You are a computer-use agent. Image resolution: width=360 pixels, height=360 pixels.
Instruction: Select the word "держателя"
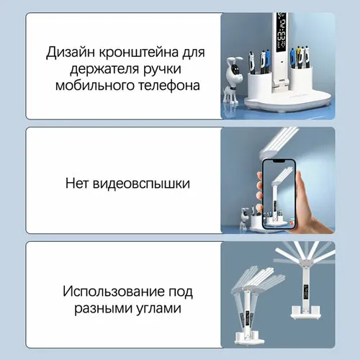click(104, 69)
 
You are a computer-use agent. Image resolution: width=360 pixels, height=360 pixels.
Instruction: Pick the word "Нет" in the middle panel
click(77, 184)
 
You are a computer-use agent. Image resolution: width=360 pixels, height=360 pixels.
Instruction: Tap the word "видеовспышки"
click(141, 184)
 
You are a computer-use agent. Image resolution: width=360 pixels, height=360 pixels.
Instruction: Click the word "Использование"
click(114, 292)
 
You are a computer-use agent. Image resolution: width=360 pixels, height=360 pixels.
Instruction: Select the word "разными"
click(103, 308)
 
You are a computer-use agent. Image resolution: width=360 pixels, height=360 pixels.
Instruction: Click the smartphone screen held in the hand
click(279, 195)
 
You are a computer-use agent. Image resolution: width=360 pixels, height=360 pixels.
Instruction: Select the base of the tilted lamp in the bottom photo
click(250, 338)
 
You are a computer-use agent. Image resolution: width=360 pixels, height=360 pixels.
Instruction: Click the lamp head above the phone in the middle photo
click(278, 142)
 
